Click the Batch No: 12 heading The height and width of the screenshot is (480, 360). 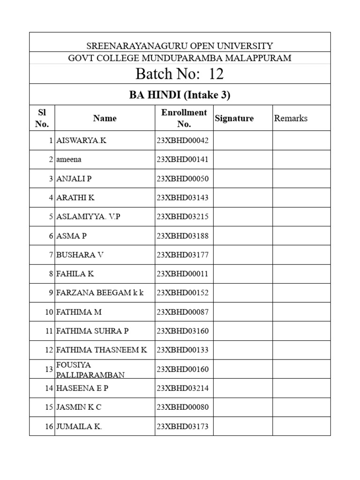[x=180, y=74]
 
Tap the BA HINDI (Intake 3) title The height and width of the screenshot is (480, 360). [x=180, y=95]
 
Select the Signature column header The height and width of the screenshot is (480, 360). [x=234, y=118]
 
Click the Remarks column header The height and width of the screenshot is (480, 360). [x=291, y=118]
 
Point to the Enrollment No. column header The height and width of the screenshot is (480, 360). [x=184, y=118]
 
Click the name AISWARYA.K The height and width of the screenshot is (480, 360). [x=81, y=140]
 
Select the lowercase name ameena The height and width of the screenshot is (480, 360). [x=68, y=159]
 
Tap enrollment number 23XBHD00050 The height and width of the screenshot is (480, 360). [x=182, y=179]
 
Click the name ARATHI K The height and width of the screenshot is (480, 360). [x=75, y=197]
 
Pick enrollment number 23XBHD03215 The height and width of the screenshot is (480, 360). [x=182, y=217]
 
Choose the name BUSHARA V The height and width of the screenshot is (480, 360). [x=80, y=255]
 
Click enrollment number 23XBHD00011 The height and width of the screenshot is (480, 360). [x=182, y=274]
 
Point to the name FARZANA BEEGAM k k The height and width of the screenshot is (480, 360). [x=100, y=293]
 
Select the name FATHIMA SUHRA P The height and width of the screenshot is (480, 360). [x=92, y=331]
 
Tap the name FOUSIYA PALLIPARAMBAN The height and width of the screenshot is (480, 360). [x=90, y=369]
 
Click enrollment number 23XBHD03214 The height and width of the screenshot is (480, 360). [x=182, y=388]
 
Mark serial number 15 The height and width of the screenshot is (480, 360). [x=49, y=407]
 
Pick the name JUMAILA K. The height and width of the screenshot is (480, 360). [x=79, y=427]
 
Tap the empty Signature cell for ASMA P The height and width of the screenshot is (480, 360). [x=242, y=236]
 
